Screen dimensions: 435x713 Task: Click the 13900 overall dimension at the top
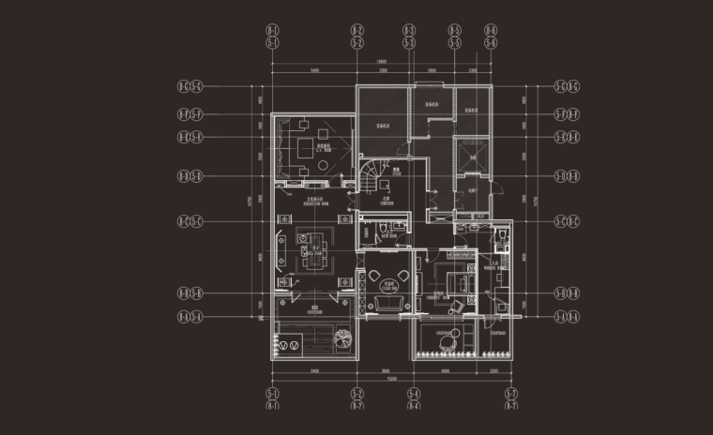pyautogui.click(x=381, y=62)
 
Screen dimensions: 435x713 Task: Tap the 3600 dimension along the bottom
pyautogui.click(x=385, y=371)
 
